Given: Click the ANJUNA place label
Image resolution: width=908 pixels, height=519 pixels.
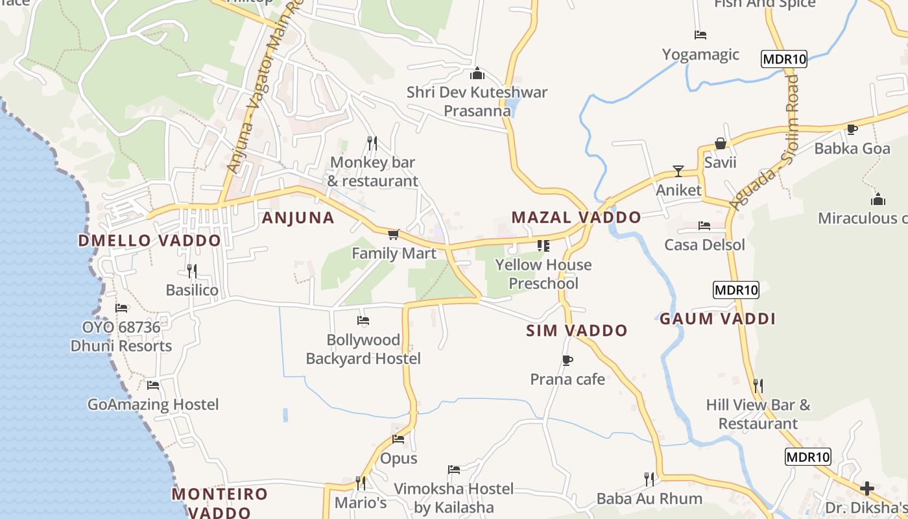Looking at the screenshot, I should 298,218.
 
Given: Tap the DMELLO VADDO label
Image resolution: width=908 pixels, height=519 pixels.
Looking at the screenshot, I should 150,241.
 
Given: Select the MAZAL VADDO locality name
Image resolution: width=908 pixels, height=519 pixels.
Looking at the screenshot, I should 576,217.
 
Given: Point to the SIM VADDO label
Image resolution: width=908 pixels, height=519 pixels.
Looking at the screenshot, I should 577,331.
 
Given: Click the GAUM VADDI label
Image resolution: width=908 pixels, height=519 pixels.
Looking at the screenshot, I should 717,319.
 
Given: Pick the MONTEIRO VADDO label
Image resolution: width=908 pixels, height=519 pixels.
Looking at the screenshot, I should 219,503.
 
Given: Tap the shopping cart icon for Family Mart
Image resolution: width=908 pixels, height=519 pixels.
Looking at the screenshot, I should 393,234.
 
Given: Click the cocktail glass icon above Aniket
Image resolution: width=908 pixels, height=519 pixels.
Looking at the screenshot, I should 678,171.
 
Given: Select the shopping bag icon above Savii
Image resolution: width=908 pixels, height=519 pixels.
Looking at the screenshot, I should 720,143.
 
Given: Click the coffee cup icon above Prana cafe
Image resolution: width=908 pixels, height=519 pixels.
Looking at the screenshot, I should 567,360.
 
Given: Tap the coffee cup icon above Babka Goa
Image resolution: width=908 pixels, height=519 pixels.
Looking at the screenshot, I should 852,129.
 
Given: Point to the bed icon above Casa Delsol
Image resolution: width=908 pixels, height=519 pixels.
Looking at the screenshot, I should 704,226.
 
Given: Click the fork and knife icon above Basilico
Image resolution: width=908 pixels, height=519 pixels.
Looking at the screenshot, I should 191,271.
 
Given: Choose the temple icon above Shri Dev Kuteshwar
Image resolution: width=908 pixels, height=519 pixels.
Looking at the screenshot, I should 477,73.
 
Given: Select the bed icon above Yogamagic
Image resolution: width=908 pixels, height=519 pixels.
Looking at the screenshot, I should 700,35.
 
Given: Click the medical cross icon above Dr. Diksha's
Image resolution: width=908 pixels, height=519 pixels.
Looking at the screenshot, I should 867,488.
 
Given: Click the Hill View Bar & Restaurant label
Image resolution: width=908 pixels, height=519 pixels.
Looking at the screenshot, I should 758,415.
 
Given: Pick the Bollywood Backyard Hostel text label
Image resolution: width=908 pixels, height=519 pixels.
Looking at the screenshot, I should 363,349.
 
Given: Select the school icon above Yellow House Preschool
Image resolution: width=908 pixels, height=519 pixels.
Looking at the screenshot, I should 543,246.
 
